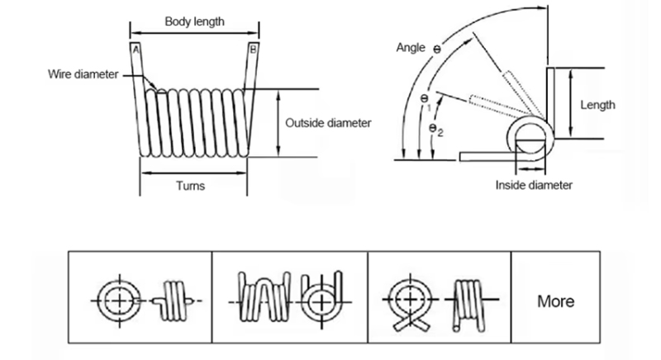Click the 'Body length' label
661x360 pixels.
pos(194,21)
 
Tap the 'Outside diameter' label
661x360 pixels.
pos(328,122)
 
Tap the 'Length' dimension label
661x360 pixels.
pos(597,105)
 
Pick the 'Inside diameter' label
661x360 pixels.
pos(534,185)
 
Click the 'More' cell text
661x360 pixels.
pos(555,301)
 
